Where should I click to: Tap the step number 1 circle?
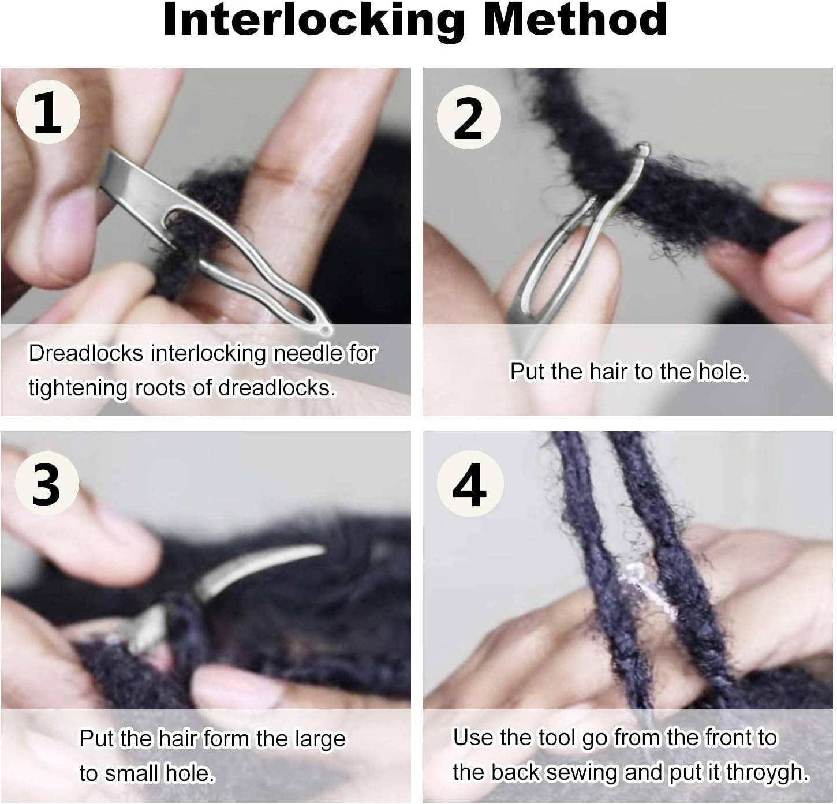point(47,114)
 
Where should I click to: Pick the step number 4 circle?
point(469,485)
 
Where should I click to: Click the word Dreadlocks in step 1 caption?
point(86,353)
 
